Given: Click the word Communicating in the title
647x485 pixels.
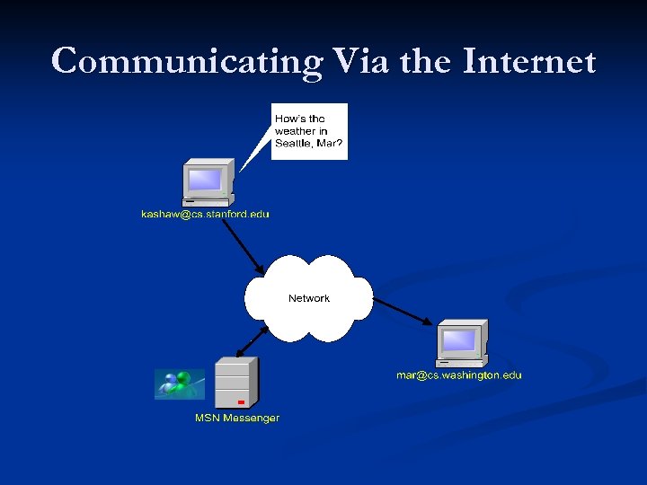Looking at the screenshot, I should point(184,62).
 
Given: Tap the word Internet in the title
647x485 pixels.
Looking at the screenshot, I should point(530,62).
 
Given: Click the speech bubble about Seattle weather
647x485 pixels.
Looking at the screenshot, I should point(308,131).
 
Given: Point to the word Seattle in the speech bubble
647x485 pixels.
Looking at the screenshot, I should point(294,144).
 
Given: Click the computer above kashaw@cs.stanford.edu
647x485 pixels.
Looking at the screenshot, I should point(208,183).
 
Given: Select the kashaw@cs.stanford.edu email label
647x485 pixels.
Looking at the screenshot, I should point(205,215).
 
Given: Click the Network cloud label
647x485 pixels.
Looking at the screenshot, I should point(308,298).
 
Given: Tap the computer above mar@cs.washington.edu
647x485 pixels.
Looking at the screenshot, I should point(461,344).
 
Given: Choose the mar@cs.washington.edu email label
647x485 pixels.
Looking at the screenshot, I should point(458,375).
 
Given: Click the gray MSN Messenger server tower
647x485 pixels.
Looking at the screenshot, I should point(236,383).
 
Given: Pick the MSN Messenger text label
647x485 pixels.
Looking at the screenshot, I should point(237,418).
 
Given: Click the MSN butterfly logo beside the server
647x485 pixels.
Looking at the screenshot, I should point(179,384).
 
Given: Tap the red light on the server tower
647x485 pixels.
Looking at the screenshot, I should point(241,401).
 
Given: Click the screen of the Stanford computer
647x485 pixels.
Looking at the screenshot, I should point(204,179).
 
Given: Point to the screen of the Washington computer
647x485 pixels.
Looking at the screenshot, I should point(458,339).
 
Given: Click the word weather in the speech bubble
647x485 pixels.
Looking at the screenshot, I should point(295,131).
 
